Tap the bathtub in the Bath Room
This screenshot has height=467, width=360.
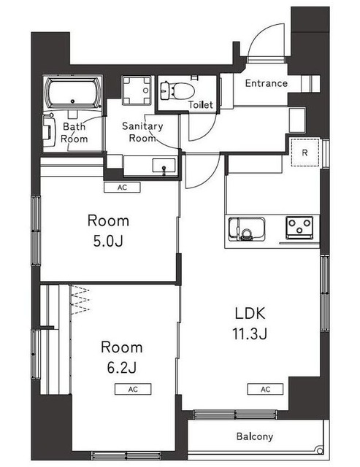pos(73,93)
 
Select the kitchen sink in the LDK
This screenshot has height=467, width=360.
pos(247,228)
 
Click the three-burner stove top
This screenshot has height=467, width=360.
pos(299,228)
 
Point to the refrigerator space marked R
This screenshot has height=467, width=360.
pos(305,153)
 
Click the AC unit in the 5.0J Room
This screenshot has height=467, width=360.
pos(122,188)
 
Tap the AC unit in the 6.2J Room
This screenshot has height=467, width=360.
pos(133,389)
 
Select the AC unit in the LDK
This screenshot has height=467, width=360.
pos(265,389)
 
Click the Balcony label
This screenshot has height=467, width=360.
pos(255,436)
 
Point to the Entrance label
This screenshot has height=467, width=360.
pos(266,83)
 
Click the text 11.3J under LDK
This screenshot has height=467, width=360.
pos(250,334)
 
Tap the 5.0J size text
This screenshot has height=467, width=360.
pos(108,242)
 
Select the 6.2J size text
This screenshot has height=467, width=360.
pos(122,368)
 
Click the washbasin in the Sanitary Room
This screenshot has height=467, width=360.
pos(164,166)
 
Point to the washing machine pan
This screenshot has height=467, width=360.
pos(137,90)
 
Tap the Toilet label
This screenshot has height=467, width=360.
pos(201,104)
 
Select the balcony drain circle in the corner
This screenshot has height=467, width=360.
pos(320,450)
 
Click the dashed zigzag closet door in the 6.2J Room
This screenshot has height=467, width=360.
pos(80,300)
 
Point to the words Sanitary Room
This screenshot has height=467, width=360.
pos(142,132)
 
